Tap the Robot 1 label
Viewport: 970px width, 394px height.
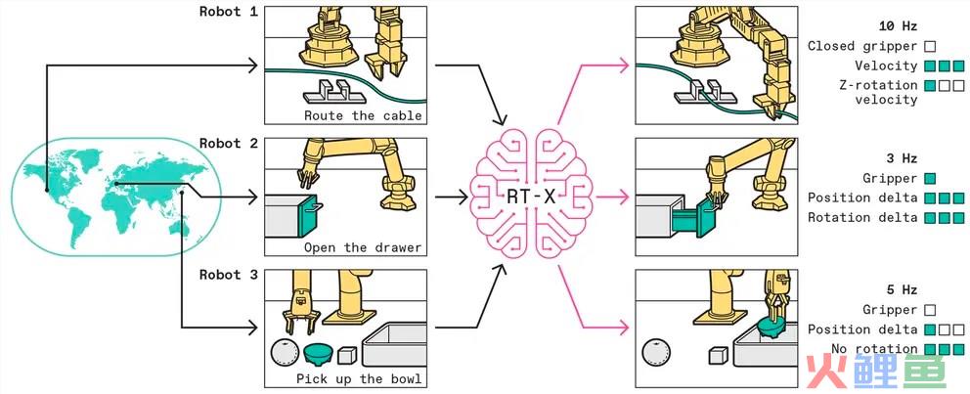[228, 12]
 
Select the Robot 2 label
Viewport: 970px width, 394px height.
[228, 143]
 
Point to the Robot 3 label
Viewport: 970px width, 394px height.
[228, 275]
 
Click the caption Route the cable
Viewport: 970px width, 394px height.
[363, 115]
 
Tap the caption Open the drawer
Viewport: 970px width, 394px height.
[363, 247]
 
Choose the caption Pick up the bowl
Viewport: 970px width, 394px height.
[359, 378]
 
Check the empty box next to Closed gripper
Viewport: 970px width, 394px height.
[929, 46]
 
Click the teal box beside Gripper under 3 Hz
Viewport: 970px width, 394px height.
[929, 178]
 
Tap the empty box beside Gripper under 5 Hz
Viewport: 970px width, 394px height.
[929, 310]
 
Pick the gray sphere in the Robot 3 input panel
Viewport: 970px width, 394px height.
[285, 355]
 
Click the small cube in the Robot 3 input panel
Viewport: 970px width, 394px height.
[347, 355]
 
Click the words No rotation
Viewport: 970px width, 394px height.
[874, 349]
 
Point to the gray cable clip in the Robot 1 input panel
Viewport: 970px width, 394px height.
[329, 92]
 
